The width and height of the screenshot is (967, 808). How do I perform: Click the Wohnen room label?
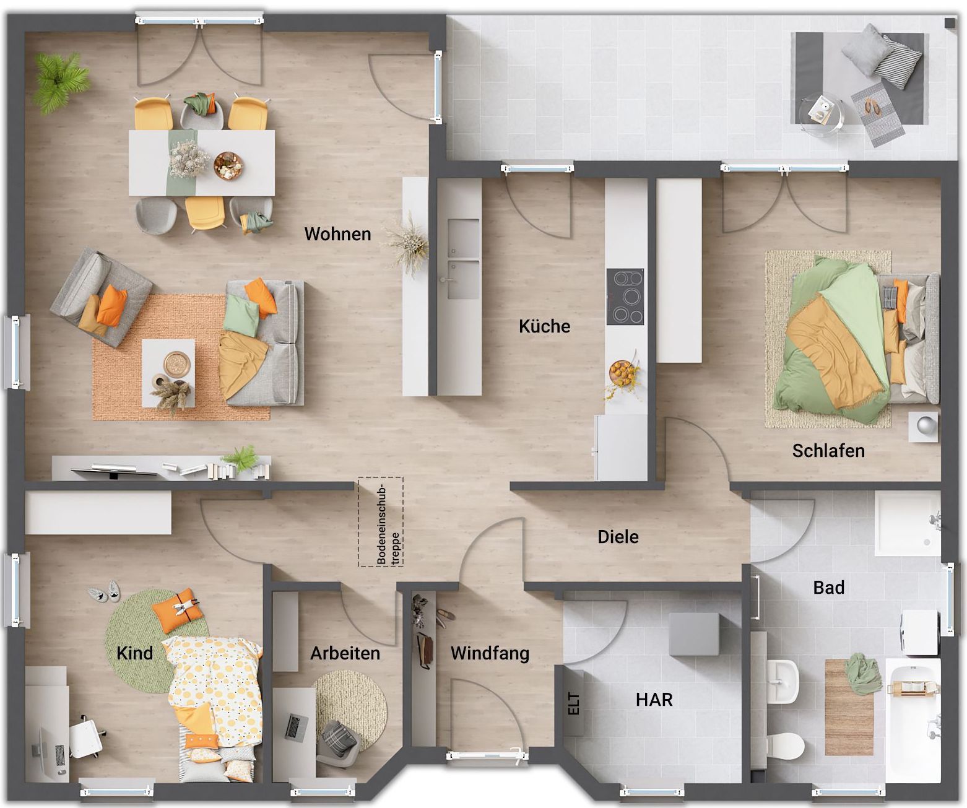pos(337,234)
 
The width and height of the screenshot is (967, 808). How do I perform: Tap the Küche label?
pos(544,326)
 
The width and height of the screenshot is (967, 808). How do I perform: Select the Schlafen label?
pos(828,451)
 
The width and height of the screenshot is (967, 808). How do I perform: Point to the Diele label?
pos(618,537)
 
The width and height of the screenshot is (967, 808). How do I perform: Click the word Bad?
pos(828,588)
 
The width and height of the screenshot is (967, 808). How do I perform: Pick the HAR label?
pos(654,700)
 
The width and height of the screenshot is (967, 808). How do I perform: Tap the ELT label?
pos(574,703)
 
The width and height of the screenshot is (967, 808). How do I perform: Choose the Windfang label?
pos(490,653)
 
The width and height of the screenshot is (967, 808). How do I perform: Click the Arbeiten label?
pos(345,653)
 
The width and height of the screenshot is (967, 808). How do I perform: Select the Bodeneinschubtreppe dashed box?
pos(381,522)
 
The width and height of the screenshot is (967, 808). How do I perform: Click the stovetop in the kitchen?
pos(625,297)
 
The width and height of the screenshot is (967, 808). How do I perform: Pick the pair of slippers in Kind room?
pos(105,593)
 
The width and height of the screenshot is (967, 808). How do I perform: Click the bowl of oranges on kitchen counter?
pos(621,372)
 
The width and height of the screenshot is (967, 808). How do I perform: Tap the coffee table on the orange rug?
pos(168,373)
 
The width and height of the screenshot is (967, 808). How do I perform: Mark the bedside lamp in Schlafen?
pos(923,426)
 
